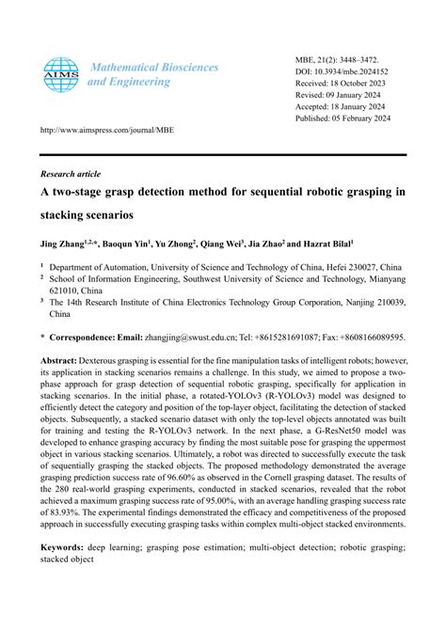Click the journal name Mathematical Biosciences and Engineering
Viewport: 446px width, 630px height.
click(x=152, y=74)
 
